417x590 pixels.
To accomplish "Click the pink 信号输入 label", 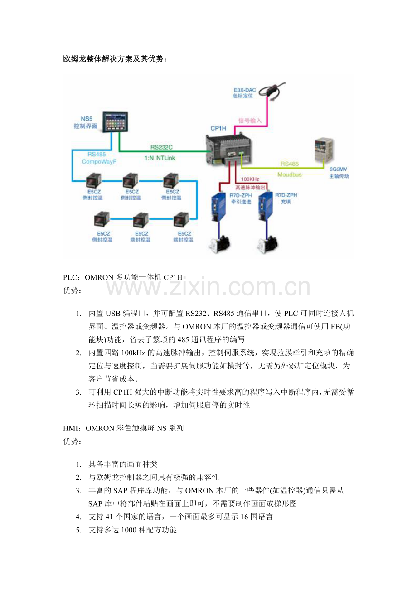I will pos(250,121).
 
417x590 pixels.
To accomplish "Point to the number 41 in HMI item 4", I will pos(110,517).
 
